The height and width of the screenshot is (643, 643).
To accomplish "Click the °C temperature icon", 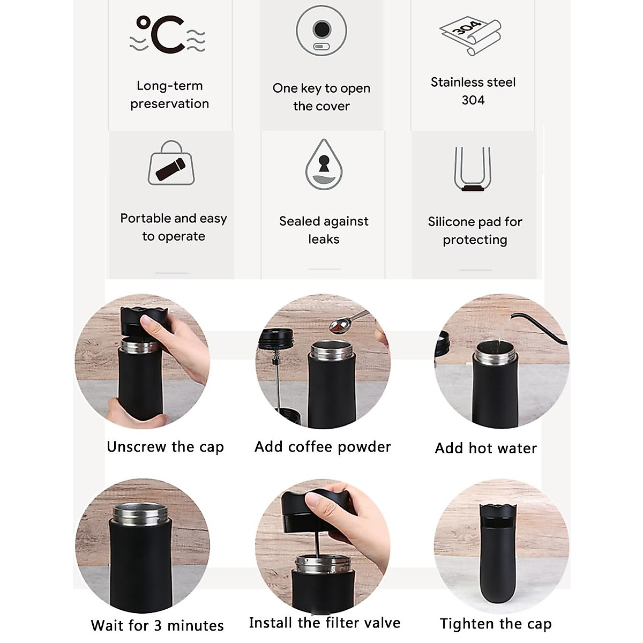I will pos(167,35).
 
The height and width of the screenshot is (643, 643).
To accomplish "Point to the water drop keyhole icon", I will pos(324,165).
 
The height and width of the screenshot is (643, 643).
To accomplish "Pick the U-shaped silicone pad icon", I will pos(473,169).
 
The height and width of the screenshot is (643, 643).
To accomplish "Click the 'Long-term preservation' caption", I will pos(169,94).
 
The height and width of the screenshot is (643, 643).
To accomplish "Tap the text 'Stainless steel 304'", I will pos(473,91).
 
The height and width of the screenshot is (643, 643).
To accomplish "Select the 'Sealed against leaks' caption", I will pos(324,230).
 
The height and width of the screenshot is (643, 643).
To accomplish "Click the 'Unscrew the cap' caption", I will pos(165,447).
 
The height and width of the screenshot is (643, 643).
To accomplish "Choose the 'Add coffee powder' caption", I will pos(323,447).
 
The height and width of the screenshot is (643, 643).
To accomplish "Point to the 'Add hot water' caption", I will pos(485,448).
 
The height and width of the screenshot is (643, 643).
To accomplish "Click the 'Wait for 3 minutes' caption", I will pos(157,625).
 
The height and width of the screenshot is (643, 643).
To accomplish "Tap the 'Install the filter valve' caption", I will pos(325,623).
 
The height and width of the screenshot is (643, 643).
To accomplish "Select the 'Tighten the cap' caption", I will pos(496,624).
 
